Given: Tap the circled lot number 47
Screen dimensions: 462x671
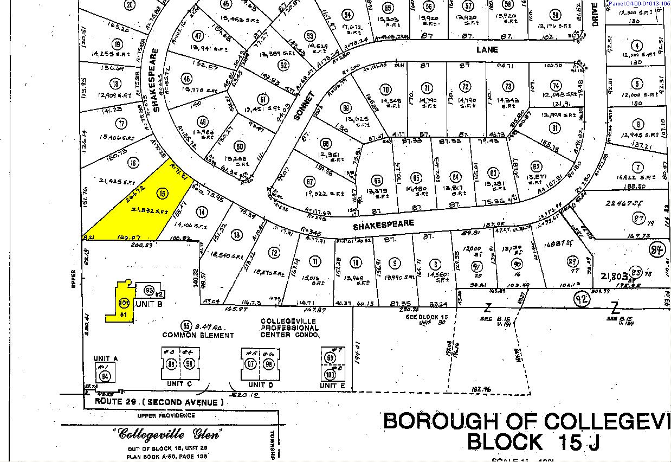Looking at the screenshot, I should [x=198, y=36].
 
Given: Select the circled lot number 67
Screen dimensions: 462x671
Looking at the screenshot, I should [x=310, y=181].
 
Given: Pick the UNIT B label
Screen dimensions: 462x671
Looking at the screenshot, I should [x=149, y=304].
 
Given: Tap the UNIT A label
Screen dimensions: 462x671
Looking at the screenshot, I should [x=105, y=358].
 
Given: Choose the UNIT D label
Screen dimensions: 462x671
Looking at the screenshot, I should [x=259, y=384].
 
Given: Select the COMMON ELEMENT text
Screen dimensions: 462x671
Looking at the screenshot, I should [x=198, y=335].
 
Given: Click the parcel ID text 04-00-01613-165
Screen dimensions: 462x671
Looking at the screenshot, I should [x=639, y=4].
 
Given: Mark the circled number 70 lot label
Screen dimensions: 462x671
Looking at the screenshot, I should [x=385, y=89].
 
